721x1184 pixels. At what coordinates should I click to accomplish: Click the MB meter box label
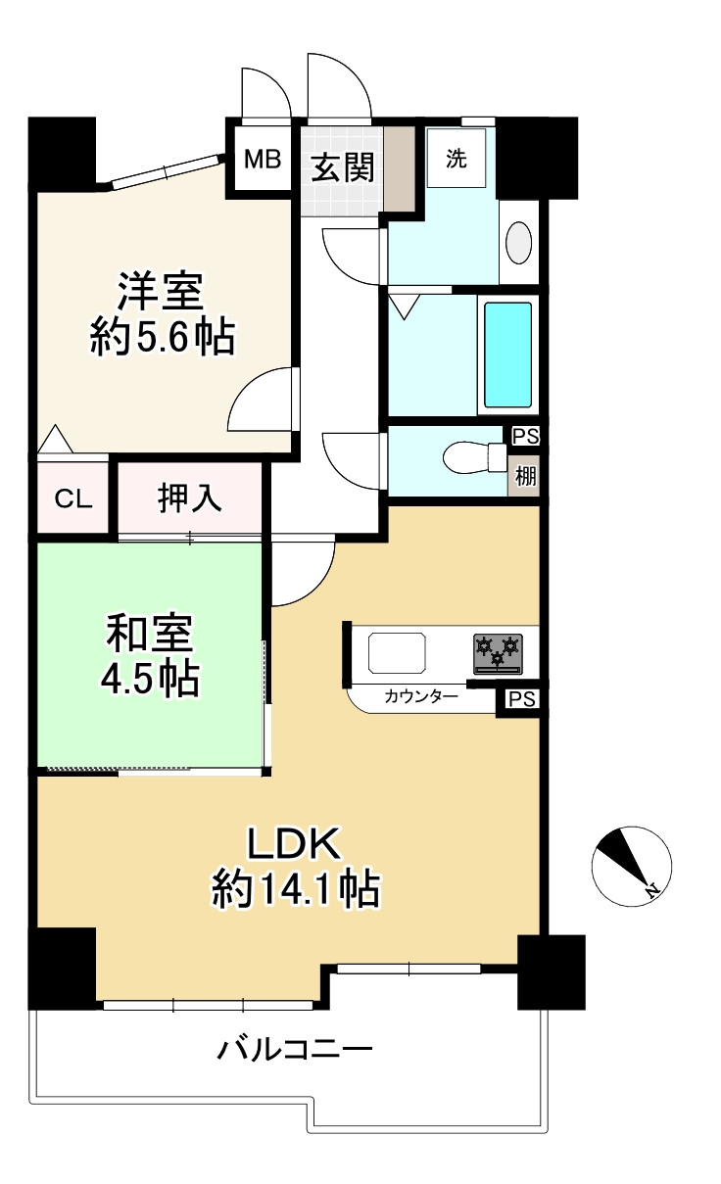[263, 159]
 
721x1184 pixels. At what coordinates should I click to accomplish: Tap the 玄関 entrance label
[343, 167]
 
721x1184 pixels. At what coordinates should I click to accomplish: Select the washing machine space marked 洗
[456, 158]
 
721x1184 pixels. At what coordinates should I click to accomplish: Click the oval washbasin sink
[518, 242]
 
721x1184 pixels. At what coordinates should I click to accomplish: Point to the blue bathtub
[508, 355]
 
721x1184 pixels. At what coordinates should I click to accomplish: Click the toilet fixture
[474, 457]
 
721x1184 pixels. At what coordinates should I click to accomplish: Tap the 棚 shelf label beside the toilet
[525, 476]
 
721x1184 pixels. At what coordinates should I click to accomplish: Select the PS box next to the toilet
[526, 437]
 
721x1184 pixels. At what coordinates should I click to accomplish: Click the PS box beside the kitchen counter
[522, 699]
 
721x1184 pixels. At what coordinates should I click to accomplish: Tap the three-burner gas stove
[498, 653]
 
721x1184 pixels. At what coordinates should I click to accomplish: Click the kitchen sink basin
[397, 653]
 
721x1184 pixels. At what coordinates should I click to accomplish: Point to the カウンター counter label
[421, 696]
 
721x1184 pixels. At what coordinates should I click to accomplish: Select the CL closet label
[73, 498]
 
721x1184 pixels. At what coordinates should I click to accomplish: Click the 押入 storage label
[189, 497]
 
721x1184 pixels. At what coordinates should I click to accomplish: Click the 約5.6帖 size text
[163, 337]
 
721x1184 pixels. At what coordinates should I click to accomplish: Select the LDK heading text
[294, 844]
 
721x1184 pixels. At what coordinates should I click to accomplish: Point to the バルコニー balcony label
[295, 1049]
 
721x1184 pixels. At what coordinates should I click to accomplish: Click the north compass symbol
[631, 866]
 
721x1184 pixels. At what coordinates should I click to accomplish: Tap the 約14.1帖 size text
[296, 889]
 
